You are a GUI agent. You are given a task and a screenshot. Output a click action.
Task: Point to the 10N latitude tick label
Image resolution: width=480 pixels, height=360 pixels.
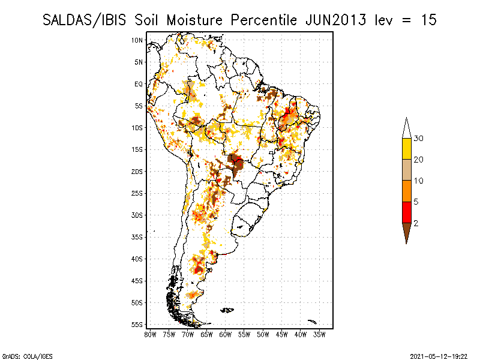tap(137, 40)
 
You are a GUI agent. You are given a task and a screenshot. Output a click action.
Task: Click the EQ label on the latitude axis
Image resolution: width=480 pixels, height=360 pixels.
tap(139, 84)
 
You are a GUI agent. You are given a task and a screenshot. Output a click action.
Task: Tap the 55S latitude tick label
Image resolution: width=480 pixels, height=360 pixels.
tap(137, 324)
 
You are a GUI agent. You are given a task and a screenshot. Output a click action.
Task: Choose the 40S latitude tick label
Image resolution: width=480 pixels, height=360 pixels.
tap(137, 259)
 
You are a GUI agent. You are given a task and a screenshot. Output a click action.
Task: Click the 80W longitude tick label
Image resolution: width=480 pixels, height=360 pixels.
tap(150, 334)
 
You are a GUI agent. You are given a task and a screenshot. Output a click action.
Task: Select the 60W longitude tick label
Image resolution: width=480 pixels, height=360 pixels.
tap(226, 334)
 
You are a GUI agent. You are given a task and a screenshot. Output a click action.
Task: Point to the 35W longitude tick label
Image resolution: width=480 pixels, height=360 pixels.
tap(320, 334)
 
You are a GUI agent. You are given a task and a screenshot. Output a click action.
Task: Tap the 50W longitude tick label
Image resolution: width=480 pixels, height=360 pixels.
tap(263, 334)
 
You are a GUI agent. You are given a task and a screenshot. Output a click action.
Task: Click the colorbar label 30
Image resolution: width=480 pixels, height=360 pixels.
tap(419, 139)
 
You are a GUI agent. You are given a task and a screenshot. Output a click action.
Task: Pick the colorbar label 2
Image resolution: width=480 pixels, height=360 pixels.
tap(416, 223)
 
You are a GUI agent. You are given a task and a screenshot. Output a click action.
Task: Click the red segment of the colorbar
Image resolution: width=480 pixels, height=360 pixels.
tap(406, 212)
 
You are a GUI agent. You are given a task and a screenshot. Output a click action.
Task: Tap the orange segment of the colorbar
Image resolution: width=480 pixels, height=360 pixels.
tap(406, 191)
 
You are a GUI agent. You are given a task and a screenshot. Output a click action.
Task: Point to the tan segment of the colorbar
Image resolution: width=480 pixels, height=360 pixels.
tap(406, 170)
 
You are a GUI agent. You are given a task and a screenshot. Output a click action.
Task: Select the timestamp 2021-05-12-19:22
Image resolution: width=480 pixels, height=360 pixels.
tap(439, 356)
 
